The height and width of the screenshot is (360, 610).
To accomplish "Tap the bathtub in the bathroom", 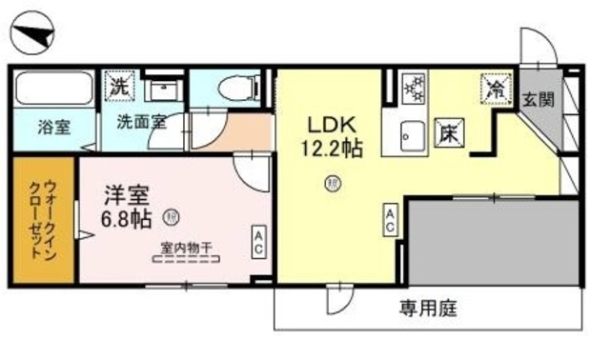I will click(x=53, y=90).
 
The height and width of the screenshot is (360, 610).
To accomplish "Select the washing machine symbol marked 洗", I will click(x=118, y=85).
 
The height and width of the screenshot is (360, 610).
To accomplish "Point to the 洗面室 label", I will click(x=142, y=122).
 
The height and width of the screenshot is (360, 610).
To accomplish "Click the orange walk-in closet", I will click(x=43, y=220).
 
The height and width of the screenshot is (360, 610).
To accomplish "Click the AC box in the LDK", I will click(x=391, y=220).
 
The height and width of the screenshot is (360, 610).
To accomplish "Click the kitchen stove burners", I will click(x=416, y=90).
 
